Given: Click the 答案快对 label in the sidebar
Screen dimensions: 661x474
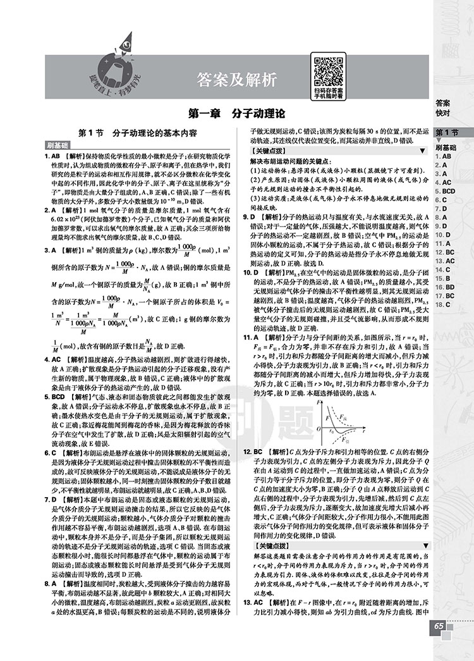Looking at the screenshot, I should pos(442,108).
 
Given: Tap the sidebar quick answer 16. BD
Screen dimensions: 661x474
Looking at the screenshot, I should pos(445,287).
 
